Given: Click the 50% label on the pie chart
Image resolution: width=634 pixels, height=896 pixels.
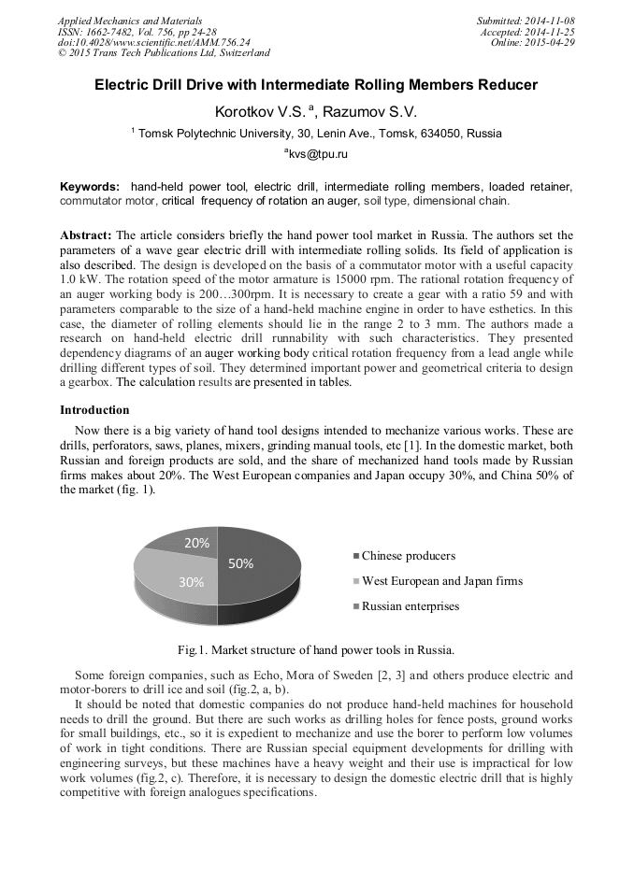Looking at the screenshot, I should [241, 562].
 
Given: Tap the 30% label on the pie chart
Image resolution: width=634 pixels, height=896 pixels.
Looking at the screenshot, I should [192, 581].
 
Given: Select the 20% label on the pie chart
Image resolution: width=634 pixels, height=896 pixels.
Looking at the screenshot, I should [195, 543].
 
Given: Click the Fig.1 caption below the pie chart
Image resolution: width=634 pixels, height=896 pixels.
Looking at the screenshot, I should [316, 649].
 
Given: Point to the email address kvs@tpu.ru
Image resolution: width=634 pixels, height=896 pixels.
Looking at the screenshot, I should [316, 153].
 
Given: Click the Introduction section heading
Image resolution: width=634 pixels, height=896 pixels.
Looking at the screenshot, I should [94, 409].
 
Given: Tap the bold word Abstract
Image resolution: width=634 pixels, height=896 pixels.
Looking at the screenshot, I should [86, 235].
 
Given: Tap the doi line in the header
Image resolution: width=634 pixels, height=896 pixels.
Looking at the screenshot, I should [153, 42].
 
